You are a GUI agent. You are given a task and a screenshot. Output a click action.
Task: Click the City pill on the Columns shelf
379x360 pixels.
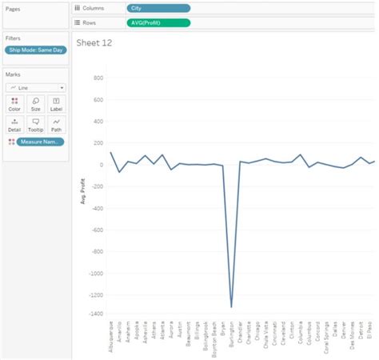pos(158,8)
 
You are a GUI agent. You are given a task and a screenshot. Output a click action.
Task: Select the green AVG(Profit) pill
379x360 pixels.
pos(158,22)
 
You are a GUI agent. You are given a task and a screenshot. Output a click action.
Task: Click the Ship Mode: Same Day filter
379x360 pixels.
pos(34,50)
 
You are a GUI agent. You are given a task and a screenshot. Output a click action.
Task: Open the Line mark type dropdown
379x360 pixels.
pos(35,87)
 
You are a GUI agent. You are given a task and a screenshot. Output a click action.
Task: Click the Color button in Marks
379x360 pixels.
pos(14,104)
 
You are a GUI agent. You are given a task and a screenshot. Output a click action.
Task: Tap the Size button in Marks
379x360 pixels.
pos(35,104)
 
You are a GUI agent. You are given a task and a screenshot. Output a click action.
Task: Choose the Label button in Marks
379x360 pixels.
pos(56,104)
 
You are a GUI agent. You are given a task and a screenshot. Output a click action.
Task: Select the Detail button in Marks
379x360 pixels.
pos(14,125)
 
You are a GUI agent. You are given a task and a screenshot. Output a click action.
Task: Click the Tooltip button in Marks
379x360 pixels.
pos(35,125)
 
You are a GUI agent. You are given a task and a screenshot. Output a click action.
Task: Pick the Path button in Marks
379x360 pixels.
pos(56,125)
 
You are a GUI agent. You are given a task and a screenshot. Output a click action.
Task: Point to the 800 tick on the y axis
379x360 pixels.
pos(98,78)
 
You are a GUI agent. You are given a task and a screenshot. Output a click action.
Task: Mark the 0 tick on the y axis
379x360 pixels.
pos(102,165)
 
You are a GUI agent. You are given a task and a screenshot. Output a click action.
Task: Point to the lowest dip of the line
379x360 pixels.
pos(232,306)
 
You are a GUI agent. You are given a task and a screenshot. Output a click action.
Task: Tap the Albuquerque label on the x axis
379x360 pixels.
pos(111,339)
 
